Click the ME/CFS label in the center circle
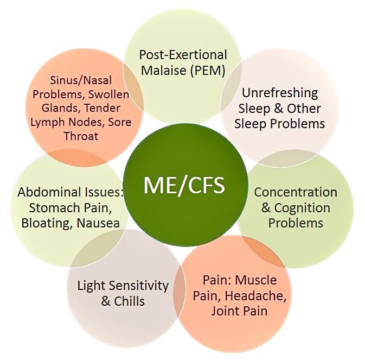pyautogui.click(x=184, y=186)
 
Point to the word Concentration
pyautogui.click(x=296, y=193)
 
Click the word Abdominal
pyautogui.click(x=45, y=193)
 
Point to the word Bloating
pyautogui.click(x=42, y=223)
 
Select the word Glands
pyautogui.click(x=64, y=108)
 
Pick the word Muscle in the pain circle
pyautogui.click(x=257, y=281)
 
